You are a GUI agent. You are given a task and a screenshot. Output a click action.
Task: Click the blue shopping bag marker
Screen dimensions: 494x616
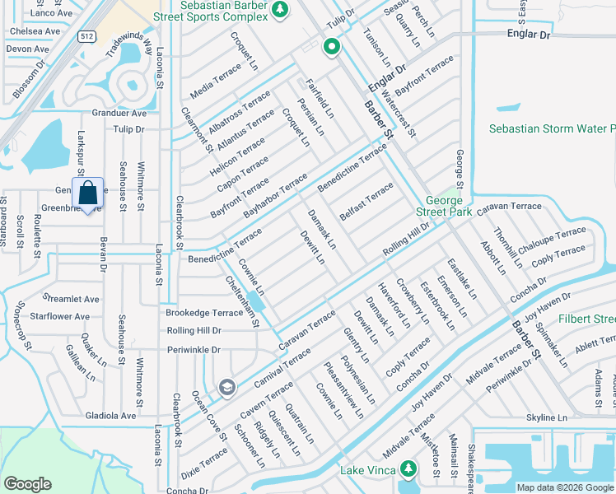tap(88, 194)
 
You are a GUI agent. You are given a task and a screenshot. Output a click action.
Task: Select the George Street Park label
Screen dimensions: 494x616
tap(449, 206)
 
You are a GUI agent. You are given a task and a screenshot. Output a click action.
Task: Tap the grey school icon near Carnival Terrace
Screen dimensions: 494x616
tap(226, 387)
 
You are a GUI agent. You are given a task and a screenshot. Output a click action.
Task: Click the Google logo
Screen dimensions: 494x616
tap(27, 483)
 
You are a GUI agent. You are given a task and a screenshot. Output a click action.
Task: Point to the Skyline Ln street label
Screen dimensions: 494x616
tap(548, 418)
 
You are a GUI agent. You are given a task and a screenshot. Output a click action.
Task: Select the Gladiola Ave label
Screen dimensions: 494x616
tap(111, 416)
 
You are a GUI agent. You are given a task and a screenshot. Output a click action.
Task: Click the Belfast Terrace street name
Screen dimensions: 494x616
tap(366, 203)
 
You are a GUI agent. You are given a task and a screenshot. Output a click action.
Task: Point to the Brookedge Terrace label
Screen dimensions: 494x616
tap(204, 313)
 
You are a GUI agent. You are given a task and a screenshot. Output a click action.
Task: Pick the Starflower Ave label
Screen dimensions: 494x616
tap(59, 316)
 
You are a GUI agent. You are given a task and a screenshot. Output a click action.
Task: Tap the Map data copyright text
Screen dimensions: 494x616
tap(564, 487)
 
